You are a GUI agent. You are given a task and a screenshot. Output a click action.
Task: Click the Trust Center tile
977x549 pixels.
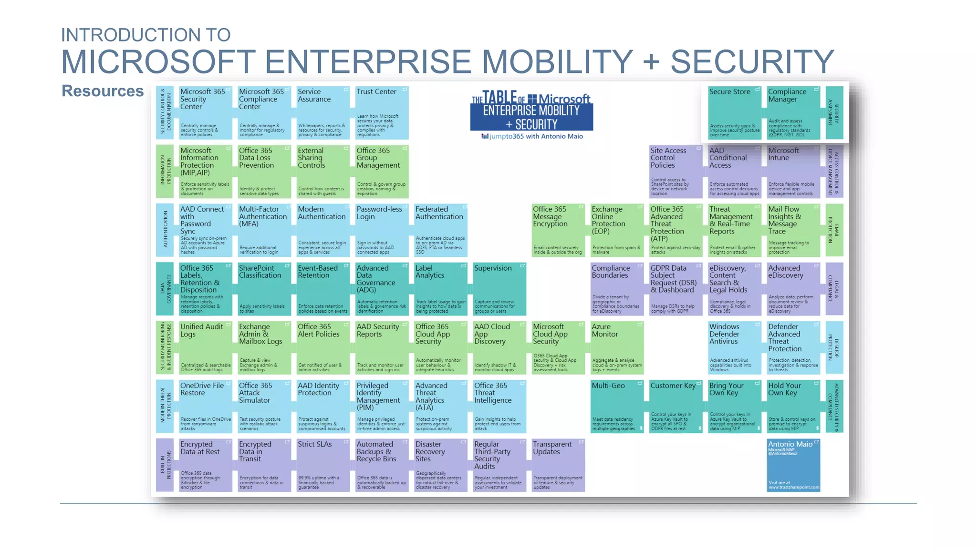[382, 113]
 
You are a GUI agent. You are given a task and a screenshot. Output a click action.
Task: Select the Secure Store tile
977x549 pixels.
[734, 113]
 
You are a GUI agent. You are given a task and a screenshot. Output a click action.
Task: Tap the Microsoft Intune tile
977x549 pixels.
[793, 172]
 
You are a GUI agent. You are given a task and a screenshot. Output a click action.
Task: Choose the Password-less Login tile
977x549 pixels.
[382, 231]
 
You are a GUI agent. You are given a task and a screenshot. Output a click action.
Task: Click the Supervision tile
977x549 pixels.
[499, 289]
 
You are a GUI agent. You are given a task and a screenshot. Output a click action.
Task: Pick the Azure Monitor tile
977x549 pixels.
[617, 348]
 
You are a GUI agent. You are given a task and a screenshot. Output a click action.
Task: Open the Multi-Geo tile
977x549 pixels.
[617, 407]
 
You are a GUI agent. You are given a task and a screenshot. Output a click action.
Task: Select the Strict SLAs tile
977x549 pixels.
[323, 465]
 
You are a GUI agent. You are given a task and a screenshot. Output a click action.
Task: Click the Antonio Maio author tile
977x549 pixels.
[793, 465]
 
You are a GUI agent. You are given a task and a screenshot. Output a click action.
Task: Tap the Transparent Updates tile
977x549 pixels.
[558, 465]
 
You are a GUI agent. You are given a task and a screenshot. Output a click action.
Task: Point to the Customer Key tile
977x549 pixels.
[676, 407]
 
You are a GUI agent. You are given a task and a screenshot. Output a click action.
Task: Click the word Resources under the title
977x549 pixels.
[103, 91]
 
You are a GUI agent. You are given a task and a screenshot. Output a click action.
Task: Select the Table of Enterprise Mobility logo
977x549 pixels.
[531, 112]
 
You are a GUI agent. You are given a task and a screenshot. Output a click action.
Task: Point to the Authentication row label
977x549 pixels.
[165, 231]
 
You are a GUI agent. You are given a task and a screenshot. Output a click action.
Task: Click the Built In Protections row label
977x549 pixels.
[165, 465]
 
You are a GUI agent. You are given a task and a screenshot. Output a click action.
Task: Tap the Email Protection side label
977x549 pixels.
[834, 231]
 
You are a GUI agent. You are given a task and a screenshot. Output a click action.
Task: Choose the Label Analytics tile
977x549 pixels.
[441, 289]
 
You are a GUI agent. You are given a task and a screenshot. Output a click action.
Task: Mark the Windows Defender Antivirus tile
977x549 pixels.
[734, 348]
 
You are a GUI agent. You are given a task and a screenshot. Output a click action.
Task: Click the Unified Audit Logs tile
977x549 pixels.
[205, 348]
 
